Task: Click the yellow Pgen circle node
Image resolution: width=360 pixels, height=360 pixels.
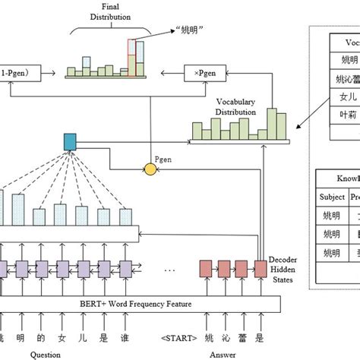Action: (x=150, y=169)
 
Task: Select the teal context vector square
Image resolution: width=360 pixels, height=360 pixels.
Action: (x=70, y=141)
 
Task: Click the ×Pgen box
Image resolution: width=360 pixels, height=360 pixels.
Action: (x=205, y=74)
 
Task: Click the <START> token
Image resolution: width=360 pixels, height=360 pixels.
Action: (x=180, y=338)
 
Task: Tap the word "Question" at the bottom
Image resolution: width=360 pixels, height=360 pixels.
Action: (x=46, y=354)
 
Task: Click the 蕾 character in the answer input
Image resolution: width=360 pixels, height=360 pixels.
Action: (x=241, y=338)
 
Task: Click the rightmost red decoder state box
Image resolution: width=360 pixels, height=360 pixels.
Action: (x=261, y=268)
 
